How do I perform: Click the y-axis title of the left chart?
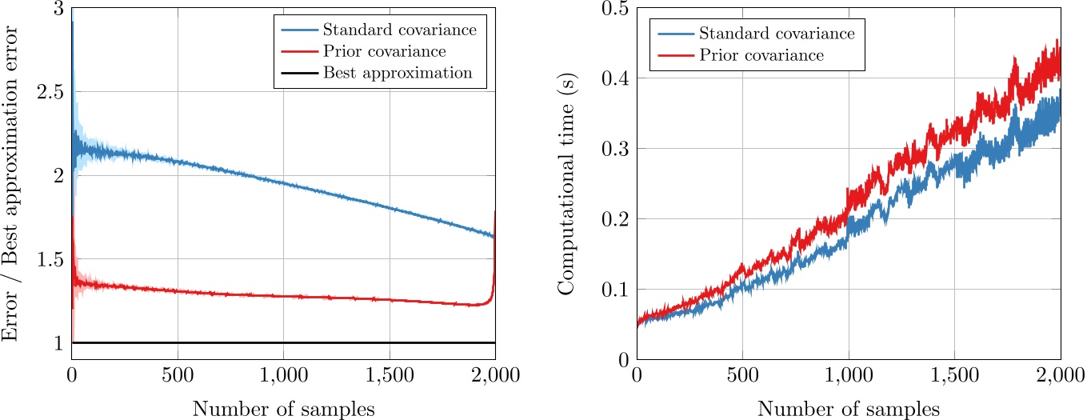coord(11,183)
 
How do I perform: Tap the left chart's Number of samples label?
coord(283,409)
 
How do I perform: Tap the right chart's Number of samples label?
coord(848,409)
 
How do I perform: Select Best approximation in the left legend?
coord(398,74)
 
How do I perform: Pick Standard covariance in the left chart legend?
coord(400,30)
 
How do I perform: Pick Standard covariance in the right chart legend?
coord(777,34)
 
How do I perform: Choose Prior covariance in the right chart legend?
coord(761,56)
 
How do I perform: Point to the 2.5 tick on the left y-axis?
coord(51,92)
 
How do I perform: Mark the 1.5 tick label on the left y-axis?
coord(51,259)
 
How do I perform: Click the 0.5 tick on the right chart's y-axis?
coord(616,9)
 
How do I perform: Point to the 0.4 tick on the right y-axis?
coord(616,78)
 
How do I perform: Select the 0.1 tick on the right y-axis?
coord(616,289)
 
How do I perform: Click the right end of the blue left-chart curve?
coord(494,235)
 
